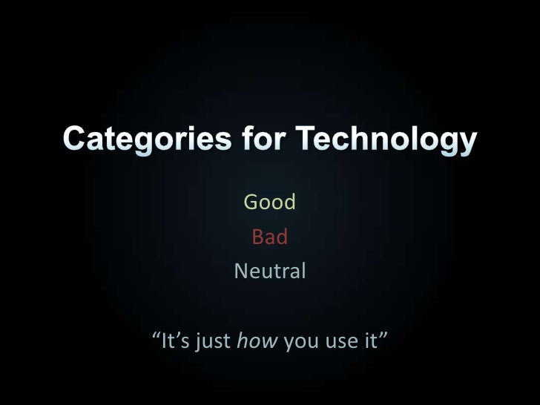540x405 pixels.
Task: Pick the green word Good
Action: [270, 202]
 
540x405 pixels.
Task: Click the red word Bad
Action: [270, 237]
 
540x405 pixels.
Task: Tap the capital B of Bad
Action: [258, 237]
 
